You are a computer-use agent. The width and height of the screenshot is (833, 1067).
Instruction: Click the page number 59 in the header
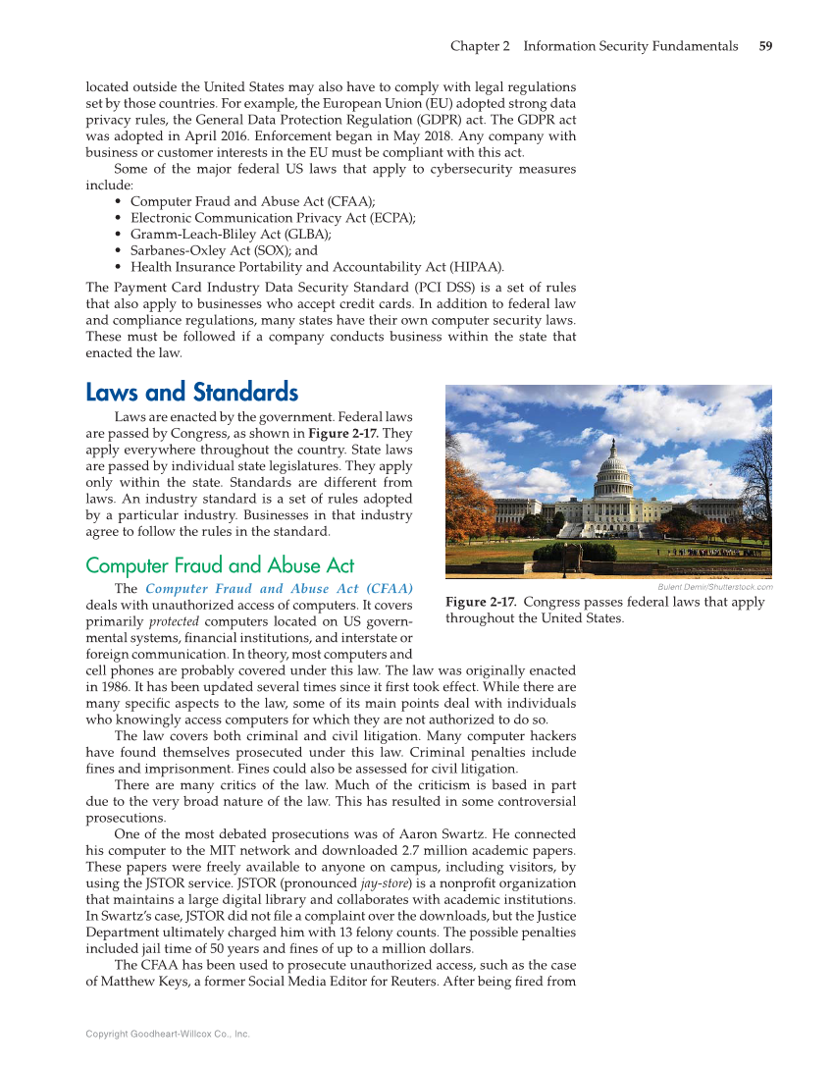click(x=765, y=46)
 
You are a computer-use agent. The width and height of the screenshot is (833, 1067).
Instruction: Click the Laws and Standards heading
click(x=191, y=394)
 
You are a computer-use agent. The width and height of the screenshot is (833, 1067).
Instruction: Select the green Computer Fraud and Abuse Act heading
click(x=220, y=565)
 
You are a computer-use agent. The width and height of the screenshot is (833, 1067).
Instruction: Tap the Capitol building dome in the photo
click(x=615, y=469)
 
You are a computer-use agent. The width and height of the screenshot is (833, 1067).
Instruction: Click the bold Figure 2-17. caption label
click(x=480, y=602)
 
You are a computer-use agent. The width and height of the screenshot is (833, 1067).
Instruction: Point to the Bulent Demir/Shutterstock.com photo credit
click(x=714, y=587)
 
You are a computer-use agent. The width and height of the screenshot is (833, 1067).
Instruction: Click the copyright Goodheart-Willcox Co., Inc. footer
click(x=167, y=1034)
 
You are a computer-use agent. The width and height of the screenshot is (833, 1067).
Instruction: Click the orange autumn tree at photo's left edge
click(x=467, y=501)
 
